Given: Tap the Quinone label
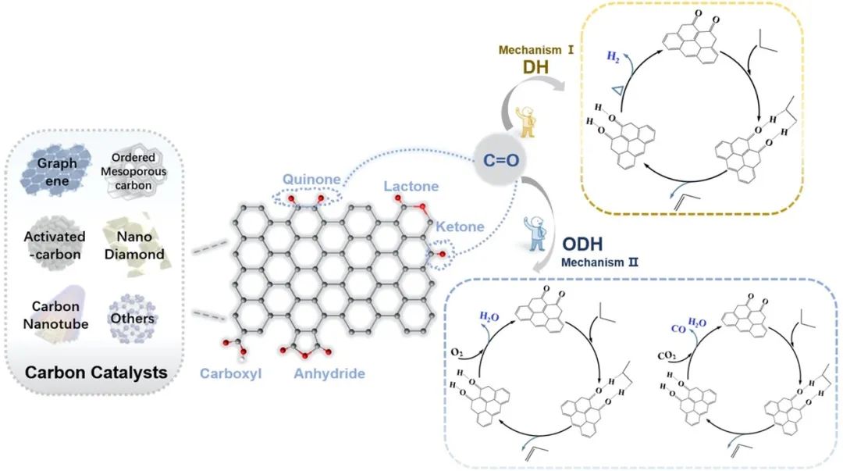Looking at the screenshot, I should click(x=313, y=180).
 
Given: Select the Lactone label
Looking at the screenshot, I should click(x=411, y=186).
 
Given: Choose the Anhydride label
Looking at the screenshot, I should click(x=329, y=373).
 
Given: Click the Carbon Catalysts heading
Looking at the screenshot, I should click(x=96, y=372).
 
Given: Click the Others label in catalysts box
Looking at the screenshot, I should click(x=132, y=319).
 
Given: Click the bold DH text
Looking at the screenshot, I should click(x=537, y=69).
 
